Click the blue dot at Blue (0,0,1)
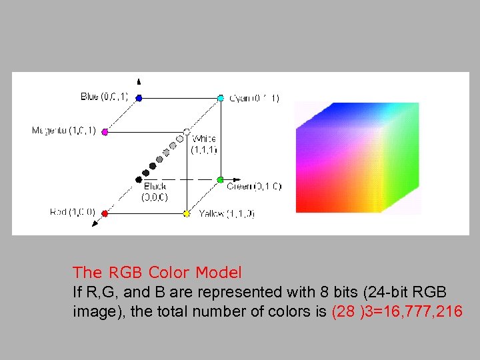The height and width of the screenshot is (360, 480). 139,98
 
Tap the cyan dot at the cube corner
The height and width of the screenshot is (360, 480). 221,98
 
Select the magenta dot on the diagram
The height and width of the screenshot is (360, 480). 105,132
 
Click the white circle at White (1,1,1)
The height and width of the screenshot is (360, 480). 187,132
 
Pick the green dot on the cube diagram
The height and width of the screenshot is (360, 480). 220,180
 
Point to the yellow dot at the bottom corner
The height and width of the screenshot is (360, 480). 187,214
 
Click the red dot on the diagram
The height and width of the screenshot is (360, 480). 105,214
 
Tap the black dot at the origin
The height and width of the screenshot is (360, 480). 139,179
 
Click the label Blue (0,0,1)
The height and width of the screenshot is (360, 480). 107,97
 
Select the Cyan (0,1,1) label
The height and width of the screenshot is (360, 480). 254,98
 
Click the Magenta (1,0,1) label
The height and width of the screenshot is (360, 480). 64,131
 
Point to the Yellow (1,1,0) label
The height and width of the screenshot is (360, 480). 227,214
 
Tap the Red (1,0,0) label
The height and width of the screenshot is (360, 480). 73,213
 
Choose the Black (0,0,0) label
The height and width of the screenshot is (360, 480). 155,192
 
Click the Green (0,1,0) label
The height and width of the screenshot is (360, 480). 254,186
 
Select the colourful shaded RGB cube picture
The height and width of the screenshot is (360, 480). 357,157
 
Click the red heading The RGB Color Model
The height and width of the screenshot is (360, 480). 157,273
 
